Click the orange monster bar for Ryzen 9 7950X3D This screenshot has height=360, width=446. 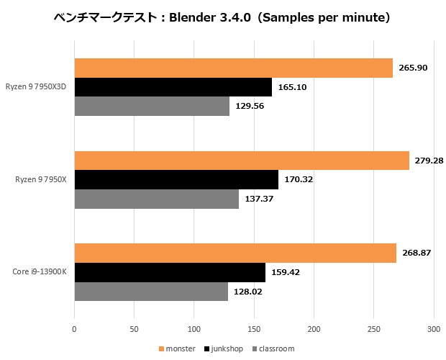(x=233, y=68)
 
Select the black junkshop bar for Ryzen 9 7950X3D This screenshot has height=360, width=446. (x=173, y=87)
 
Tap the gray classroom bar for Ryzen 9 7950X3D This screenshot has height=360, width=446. (x=152, y=107)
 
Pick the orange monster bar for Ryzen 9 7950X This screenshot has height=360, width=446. (x=241, y=161)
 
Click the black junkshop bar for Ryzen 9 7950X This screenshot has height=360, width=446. (x=176, y=179)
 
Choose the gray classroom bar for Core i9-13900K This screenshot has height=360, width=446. (x=151, y=292)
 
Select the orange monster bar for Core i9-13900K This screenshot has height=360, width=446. (x=235, y=253)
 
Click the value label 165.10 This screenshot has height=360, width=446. (x=292, y=87)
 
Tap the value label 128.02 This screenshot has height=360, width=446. (x=248, y=292)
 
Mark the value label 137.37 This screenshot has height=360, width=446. (x=259, y=199)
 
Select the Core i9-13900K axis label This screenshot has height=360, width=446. (x=40, y=272)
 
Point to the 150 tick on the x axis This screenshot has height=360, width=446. (x=253, y=329)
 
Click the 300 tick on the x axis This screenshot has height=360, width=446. (x=432, y=329)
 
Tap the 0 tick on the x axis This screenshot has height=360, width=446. (x=74, y=329)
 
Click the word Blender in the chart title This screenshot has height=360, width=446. (x=193, y=17)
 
